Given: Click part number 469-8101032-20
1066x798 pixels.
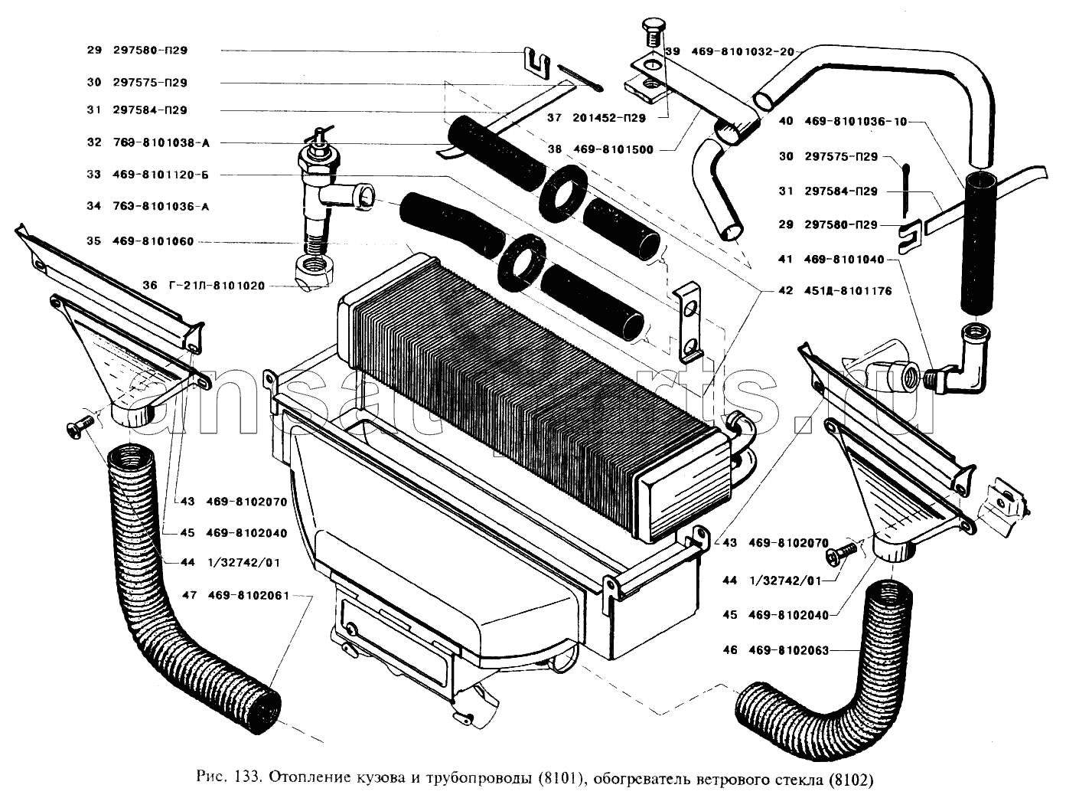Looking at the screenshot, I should pyautogui.click(x=742, y=51).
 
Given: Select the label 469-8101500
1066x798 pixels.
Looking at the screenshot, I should pyautogui.click(x=613, y=149).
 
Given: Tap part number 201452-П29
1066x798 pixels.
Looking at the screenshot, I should pyautogui.click(x=607, y=118).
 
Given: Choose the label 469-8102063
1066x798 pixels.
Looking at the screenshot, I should pyautogui.click(x=788, y=650).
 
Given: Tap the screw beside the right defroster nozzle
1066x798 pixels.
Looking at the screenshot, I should pyautogui.click(x=845, y=551).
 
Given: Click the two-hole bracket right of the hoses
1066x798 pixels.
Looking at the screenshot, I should pyautogui.click(x=689, y=322).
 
